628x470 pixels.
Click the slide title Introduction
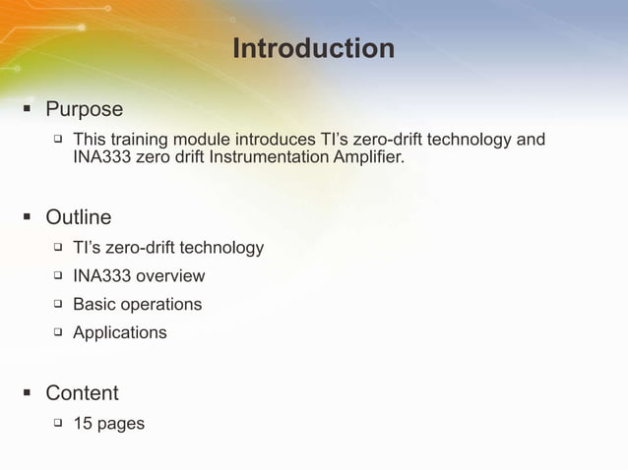(313, 48)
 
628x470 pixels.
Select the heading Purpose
(84, 109)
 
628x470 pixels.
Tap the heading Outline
(78, 216)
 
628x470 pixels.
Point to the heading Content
(82, 393)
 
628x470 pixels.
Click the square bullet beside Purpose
(27, 109)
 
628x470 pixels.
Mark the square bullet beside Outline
(27, 217)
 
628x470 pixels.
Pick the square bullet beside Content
(27, 393)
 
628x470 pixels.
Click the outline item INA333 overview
(139, 276)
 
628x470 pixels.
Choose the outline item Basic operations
(137, 305)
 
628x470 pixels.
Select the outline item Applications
(119, 333)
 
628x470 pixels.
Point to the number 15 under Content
(83, 424)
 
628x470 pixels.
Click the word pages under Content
(121, 425)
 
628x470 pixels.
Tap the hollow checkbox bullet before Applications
(58, 332)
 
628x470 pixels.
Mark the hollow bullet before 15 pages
(58, 424)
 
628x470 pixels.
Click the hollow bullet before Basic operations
(58, 304)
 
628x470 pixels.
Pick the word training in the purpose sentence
(139, 139)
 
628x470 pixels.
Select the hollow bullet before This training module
(58, 139)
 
